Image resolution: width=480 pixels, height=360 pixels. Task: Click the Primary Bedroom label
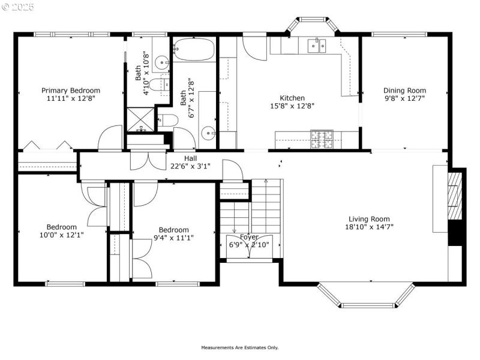point(71,90)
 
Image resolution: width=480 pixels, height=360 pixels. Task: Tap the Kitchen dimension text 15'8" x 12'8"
point(292,106)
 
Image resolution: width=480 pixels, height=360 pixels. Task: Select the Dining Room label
point(405,90)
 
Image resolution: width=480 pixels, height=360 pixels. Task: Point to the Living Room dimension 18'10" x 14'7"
point(369,227)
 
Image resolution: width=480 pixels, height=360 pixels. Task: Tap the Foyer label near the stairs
point(249,237)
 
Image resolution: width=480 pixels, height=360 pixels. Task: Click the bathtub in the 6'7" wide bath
point(194,50)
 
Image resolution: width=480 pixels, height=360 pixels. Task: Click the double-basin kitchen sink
point(316,45)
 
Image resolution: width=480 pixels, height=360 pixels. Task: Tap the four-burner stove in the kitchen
point(322,139)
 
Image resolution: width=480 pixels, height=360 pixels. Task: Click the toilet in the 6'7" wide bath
point(168,120)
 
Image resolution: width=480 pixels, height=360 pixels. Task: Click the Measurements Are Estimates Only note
point(239,347)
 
